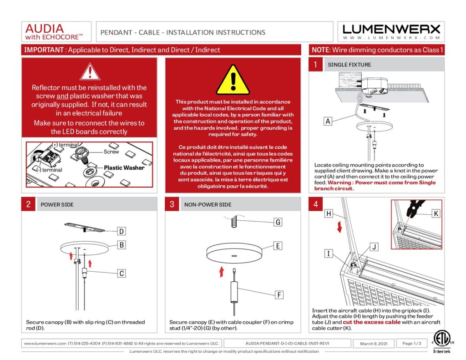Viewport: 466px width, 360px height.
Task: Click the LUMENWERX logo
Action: click(391, 31)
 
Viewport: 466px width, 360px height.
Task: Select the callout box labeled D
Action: click(122, 231)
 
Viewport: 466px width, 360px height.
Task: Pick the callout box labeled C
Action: click(122, 274)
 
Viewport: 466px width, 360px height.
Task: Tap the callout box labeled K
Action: click(436, 213)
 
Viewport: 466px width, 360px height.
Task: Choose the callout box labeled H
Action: click(328, 213)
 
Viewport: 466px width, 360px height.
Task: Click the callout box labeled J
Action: click(374, 247)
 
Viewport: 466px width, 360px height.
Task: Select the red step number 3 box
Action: click(172, 204)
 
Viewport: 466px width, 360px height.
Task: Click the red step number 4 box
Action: click(315, 204)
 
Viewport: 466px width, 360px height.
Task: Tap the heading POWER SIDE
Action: click(57, 205)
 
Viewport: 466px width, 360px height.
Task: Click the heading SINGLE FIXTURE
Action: click(349, 65)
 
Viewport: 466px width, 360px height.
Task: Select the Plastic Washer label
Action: click(124, 167)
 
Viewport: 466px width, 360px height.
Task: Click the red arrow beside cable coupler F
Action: click(222, 272)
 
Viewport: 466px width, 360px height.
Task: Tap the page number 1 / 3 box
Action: click(412, 343)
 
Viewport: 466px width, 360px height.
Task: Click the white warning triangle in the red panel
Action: click(90, 72)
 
